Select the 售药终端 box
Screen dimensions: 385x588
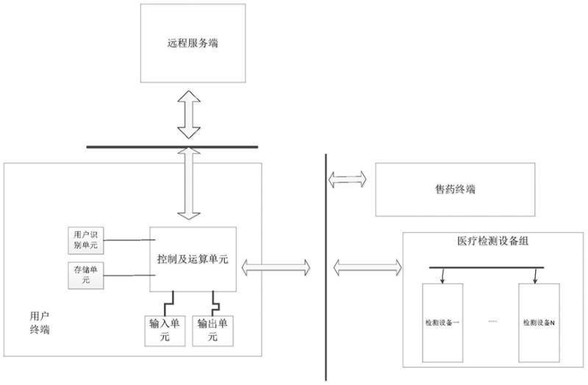tap(455, 190)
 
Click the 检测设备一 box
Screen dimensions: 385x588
tap(442, 323)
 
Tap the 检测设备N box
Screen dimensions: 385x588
tap(539, 323)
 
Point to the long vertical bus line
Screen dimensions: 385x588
tap(325, 265)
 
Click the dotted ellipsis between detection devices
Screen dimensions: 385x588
tap(492, 323)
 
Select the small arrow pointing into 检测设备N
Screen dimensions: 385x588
tap(536, 276)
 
